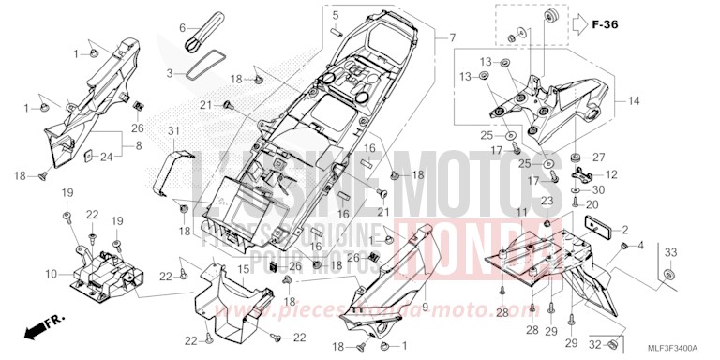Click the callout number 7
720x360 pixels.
pos(452,38)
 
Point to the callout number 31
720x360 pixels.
pos(173,128)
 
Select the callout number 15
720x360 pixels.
pos(242,270)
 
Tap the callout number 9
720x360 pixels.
pos(424,306)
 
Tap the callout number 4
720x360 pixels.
pos(642,247)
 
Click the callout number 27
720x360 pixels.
pos(599,157)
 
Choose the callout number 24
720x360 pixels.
pos(105,156)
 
